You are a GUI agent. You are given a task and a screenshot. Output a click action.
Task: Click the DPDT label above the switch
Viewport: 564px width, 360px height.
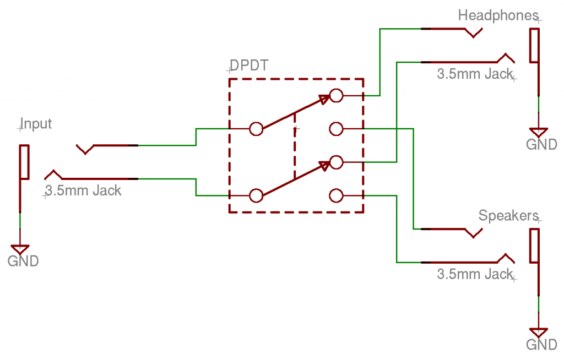pyautogui.click(x=248, y=66)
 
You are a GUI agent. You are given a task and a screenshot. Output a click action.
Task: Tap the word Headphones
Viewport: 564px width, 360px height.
pyautogui.click(x=497, y=15)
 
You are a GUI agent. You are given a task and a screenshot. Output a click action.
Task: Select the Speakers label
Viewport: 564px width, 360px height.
pyautogui.click(x=507, y=216)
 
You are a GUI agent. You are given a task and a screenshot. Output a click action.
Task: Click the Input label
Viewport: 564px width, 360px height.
pyautogui.click(x=36, y=123)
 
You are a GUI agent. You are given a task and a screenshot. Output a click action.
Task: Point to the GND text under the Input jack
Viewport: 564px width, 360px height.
pyautogui.click(x=23, y=260)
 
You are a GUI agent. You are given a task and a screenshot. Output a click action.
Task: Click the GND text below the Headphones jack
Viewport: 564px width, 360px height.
pyautogui.click(x=541, y=145)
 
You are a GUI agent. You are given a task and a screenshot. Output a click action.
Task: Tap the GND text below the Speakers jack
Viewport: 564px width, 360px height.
pyautogui.click(x=541, y=345)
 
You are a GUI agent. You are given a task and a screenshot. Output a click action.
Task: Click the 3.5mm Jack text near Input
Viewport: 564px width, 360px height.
pyautogui.click(x=83, y=191)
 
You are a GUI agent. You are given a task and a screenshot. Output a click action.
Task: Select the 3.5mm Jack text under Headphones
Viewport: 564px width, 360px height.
pyautogui.click(x=475, y=74)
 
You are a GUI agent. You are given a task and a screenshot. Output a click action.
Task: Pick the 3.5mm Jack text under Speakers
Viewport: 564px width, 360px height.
pyautogui.click(x=475, y=274)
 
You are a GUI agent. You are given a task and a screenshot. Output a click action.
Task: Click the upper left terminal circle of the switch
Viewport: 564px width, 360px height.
pyautogui.click(x=256, y=129)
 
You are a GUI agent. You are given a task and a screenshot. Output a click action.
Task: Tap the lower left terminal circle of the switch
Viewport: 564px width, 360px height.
pyautogui.click(x=256, y=195)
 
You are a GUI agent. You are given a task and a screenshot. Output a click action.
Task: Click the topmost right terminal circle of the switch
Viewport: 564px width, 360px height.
pyautogui.click(x=336, y=96)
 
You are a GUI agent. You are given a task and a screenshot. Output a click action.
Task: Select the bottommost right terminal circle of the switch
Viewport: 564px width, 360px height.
pyautogui.click(x=336, y=195)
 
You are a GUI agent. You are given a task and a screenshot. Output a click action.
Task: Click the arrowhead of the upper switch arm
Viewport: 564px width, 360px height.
pyautogui.click(x=324, y=99)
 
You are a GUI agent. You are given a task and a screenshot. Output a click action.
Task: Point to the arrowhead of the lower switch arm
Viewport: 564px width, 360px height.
pyautogui.click(x=324, y=165)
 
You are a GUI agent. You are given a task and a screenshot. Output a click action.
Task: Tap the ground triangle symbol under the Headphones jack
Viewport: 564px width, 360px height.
pyautogui.click(x=538, y=133)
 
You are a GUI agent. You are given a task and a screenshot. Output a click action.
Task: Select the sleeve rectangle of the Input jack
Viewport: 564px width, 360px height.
pyautogui.click(x=24, y=162)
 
